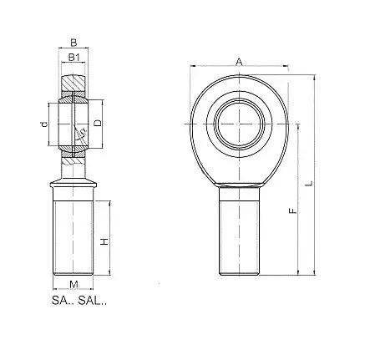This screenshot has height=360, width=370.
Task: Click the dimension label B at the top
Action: (73, 43)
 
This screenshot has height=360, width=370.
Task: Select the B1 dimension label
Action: (74, 58)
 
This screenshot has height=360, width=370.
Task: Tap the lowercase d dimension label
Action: (43, 124)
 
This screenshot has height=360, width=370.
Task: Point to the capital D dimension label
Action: (98, 123)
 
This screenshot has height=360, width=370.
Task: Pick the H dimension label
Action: (104, 241)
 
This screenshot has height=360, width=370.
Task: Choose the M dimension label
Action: (73, 285)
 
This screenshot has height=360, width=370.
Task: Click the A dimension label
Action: (239, 62)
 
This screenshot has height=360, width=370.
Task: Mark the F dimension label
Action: (292, 210)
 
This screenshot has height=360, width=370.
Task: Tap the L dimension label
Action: (309, 183)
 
